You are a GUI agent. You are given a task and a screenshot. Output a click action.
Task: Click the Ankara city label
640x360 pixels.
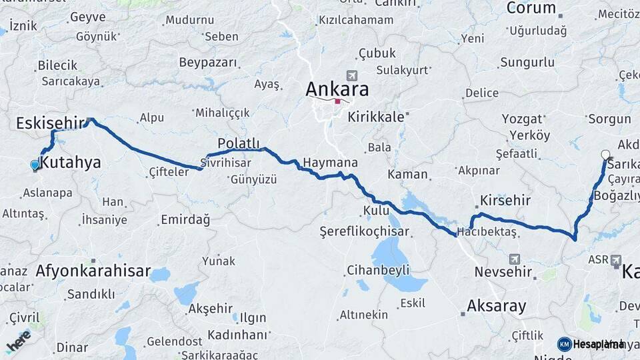point(337,89)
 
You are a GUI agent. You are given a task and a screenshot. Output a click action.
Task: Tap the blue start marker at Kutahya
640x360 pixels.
point(35,164)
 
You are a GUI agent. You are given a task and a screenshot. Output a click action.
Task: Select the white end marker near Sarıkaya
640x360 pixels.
point(605,155)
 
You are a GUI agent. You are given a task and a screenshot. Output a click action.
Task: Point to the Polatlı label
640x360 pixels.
point(238,143)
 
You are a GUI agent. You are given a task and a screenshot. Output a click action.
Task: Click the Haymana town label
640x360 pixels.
point(330,163)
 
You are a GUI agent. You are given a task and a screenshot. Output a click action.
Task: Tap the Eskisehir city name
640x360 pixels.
point(51,123)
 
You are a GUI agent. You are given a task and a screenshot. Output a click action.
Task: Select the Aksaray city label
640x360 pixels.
point(497,307)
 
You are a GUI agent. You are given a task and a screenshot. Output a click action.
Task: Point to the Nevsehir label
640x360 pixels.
point(503,272)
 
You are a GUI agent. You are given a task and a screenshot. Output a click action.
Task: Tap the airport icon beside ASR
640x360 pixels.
point(615,259)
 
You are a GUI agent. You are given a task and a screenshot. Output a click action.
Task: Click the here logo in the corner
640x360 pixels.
point(18,340)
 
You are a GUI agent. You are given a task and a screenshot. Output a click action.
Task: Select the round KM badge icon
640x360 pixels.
point(564,344)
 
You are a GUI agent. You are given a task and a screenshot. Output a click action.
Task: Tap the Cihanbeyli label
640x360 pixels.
point(378,271)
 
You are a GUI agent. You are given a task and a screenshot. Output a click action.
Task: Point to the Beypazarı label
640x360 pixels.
point(208,62)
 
